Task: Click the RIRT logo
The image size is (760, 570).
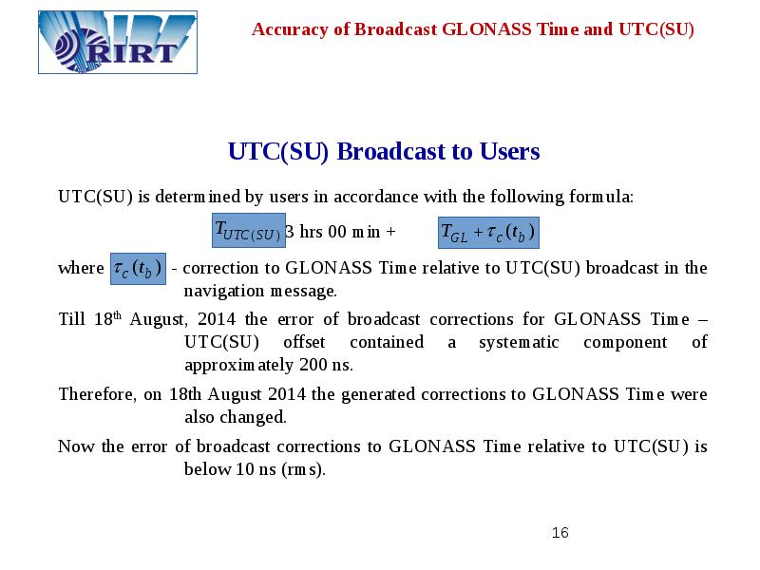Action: pos(118,42)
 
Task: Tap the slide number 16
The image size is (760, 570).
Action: pos(560,533)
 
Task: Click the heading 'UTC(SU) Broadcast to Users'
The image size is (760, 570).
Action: pos(384,152)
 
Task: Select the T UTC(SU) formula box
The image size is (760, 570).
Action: pos(246,231)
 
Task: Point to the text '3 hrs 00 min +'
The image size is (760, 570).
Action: pos(340,232)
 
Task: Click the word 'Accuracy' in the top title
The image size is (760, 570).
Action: pos(285,29)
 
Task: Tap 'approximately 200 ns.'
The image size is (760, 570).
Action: pos(268,365)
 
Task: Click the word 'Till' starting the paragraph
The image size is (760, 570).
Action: pos(71,319)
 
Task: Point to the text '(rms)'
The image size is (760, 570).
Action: pos(303,469)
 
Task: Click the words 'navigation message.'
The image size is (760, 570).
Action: pos(260,291)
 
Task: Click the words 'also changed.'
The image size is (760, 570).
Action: pos(235,417)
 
